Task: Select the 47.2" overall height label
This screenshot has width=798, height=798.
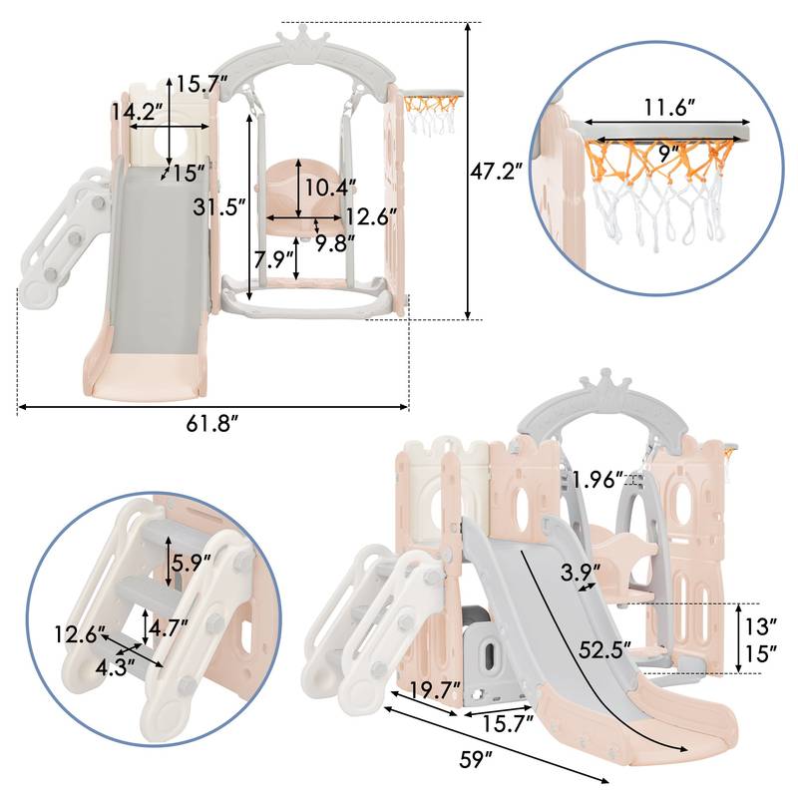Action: [x=497, y=171]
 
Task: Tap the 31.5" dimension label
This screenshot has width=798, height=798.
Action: [x=216, y=206]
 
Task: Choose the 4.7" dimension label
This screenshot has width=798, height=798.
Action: [x=169, y=627]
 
